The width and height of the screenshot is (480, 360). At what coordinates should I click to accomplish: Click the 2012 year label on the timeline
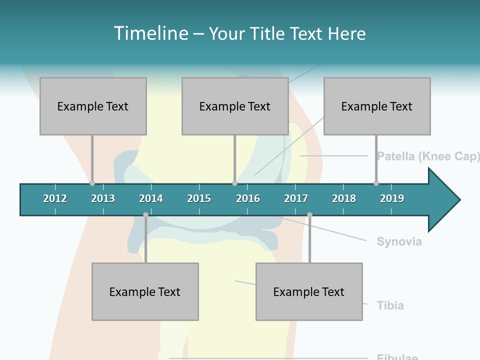click(55, 198)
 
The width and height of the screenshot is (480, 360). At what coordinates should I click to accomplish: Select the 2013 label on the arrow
click(103, 198)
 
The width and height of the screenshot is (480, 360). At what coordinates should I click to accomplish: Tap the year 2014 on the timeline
click(151, 198)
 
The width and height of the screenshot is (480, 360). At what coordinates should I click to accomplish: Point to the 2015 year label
click(199, 198)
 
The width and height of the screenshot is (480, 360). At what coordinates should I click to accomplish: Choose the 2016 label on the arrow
click(248, 198)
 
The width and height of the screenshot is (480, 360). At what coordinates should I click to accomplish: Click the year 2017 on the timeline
click(296, 198)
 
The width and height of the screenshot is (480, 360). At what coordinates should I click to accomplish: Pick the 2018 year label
click(344, 198)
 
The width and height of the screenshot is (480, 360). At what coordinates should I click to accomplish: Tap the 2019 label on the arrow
click(392, 198)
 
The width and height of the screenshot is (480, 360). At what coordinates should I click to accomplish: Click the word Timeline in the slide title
click(151, 33)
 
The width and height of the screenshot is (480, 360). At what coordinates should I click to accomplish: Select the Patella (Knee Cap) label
click(428, 156)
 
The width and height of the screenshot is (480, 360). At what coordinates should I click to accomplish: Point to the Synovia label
click(399, 242)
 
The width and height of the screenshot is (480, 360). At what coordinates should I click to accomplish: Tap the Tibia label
click(390, 305)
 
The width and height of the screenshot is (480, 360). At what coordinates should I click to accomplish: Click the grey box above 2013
click(93, 106)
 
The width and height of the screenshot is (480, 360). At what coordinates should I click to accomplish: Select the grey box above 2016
click(235, 106)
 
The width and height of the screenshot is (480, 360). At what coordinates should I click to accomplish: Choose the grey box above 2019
click(377, 106)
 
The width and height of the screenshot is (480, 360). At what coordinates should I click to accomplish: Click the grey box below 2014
click(145, 291)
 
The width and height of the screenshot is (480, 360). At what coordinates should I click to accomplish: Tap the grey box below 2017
click(309, 291)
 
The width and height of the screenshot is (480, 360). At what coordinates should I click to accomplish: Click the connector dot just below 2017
click(309, 215)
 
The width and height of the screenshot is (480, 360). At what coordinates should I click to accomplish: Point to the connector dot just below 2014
click(145, 215)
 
